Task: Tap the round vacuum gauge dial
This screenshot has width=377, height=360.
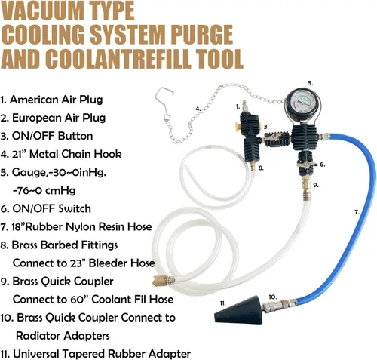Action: tap(303, 103)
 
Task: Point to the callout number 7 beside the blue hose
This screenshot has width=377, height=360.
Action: tap(357, 213)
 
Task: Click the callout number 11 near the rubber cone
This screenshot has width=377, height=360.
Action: tap(223, 303)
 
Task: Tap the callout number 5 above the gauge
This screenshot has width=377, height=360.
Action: tap(311, 83)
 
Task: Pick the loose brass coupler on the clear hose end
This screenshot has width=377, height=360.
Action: tap(164, 280)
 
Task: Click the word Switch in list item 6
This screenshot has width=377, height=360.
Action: tap(75, 208)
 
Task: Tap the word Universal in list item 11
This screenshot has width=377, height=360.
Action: tap(36, 354)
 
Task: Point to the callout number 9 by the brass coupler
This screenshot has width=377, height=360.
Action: tap(316, 185)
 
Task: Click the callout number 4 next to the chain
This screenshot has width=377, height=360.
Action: tap(198, 109)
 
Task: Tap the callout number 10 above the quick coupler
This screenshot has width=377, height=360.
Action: tap(273, 297)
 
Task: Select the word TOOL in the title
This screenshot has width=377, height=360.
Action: tap(219, 59)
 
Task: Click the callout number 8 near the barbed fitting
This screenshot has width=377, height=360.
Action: tap(261, 168)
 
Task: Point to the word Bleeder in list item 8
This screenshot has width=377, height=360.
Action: tap(109, 263)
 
